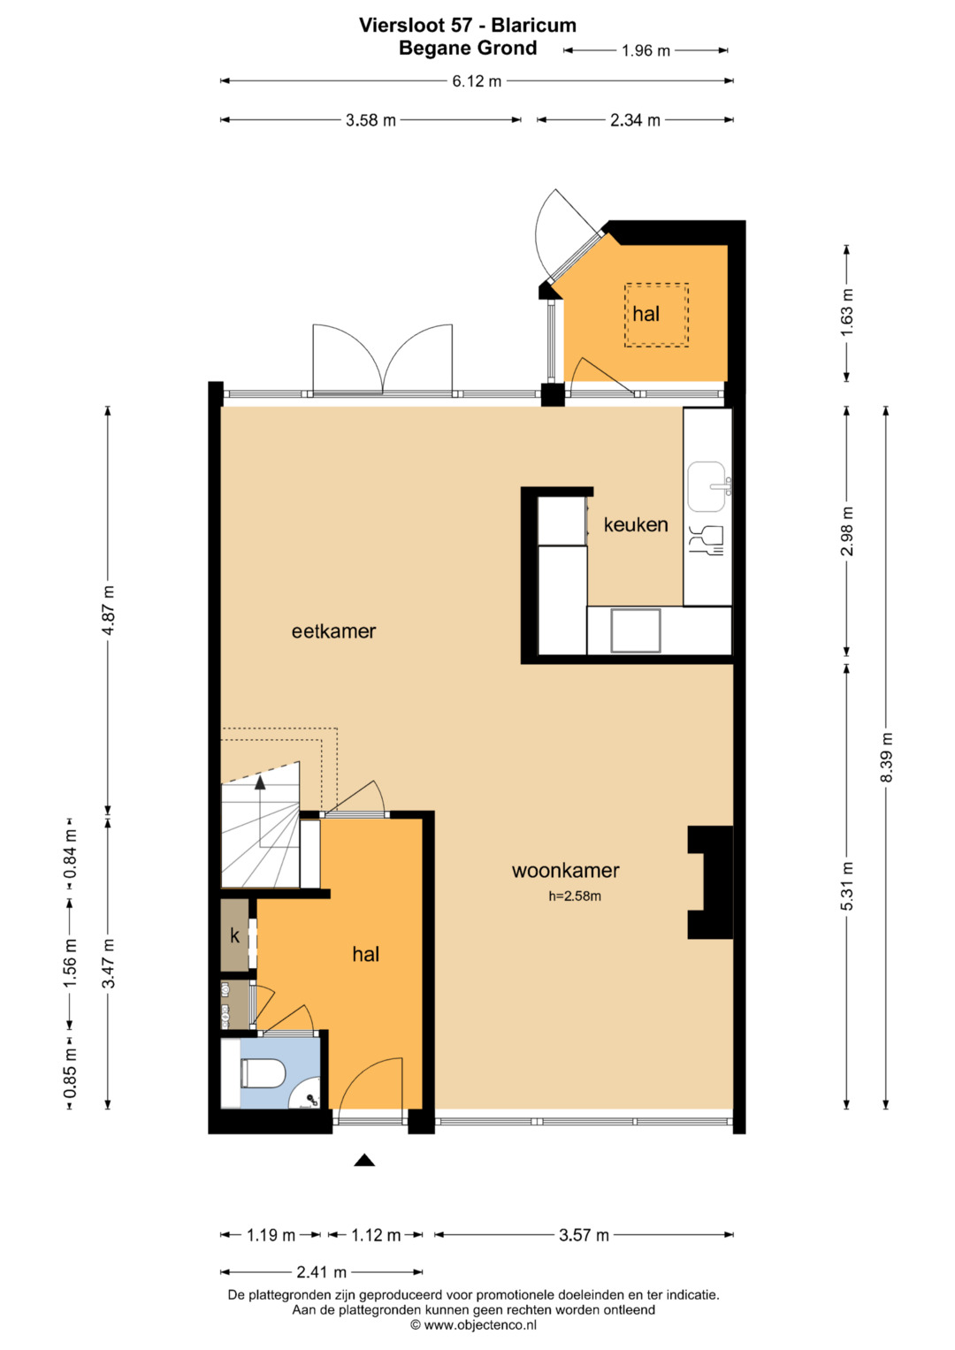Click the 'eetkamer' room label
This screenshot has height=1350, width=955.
click(333, 631)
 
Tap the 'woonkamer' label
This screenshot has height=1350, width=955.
click(565, 870)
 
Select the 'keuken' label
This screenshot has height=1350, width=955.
click(636, 524)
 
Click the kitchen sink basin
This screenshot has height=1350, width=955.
click(706, 486)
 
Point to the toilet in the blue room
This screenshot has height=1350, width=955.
click(263, 1073)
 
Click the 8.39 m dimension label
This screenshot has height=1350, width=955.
click(886, 757)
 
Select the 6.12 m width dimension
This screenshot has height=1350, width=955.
click(477, 80)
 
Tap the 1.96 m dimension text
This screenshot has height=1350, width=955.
click(646, 50)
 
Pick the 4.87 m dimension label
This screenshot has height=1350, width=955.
click(108, 610)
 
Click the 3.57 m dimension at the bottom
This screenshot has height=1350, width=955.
click(584, 1235)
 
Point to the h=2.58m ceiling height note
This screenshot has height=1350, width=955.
click(574, 896)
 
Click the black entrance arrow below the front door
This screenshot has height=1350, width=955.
click(364, 1160)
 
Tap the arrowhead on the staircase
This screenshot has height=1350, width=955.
click(260, 782)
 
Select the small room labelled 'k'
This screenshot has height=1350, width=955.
click(234, 935)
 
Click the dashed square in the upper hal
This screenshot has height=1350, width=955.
click(656, 315)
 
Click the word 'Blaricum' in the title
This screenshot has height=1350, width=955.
click(533, 26)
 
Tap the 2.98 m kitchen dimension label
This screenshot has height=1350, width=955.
click(847, 531)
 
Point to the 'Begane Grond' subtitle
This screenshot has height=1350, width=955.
click(468, 49)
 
